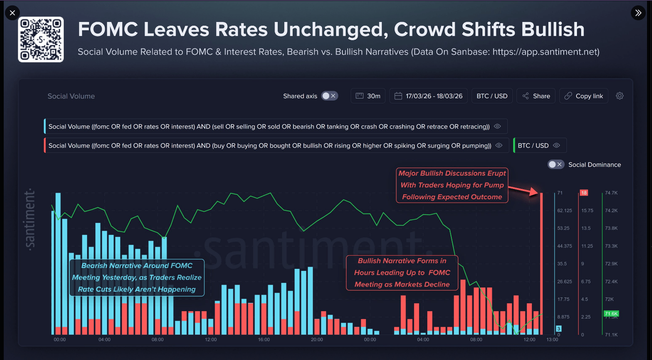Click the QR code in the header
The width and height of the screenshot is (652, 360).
pyautogui.click(x=41, y=39)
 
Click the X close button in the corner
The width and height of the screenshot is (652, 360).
pyautogui.click(x=12, y=13)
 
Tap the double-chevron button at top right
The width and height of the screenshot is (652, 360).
pyautogui.click(x=638, y=13)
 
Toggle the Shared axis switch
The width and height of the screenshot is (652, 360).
pyautogui.click(x=330, y=96)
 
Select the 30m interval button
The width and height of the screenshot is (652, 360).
pyautogui.click(x=368, y=96)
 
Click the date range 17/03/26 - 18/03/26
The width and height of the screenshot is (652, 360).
pyautogui.click(x=428, y=96)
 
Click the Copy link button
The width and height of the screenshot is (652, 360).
pyautogui.click(x=583, y=96)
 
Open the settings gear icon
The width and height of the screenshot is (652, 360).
pyautogui.click(x=619, y=96)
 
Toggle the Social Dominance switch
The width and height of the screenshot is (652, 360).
pyautogui.click(x=555, y=164)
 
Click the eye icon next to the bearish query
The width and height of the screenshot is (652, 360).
pyautogui.click(x=497, y=126)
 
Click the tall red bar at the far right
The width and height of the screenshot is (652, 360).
pyautogui.click(x=541, y=265)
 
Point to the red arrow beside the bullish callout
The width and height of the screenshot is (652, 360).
pyautogui.click(x=523, y=190)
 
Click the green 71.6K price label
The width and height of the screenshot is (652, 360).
pyautogui.click(x=611, y=314)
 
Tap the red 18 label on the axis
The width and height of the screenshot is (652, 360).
pyautogui.click(x=584, y=193)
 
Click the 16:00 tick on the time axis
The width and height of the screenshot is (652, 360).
pyautogui.click(x=264, y=340)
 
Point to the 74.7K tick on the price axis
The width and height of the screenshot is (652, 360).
pyautogui.click(x=611, y=193)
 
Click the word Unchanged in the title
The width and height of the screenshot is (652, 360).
pyautogui.click(x=330, y=29)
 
